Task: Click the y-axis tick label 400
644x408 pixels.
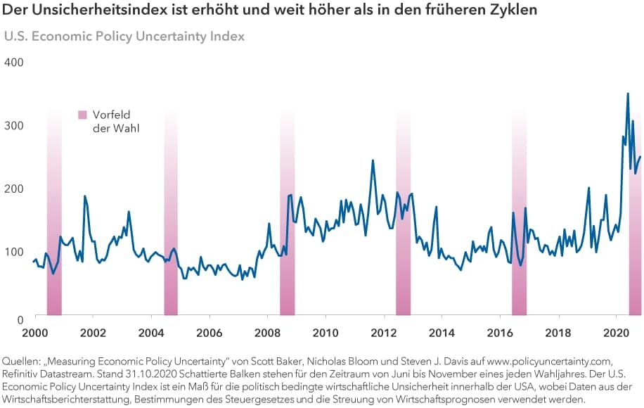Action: tap(14, 62)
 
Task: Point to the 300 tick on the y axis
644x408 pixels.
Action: tap(14, 125)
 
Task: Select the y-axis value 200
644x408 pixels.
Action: tap(14, 189)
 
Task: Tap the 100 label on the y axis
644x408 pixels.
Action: tap(14, 252)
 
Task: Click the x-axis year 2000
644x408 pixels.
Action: tap(35, 332)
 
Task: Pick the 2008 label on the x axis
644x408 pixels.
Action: tap(267, 332)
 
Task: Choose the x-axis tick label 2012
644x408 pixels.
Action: tap(383, 332)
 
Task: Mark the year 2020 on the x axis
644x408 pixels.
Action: tap(616, 332)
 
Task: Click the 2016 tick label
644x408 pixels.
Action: tap(500, 332)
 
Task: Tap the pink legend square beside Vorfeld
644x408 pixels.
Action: tap(83, 115)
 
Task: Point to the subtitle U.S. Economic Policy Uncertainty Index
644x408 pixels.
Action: tap(125, 37)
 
